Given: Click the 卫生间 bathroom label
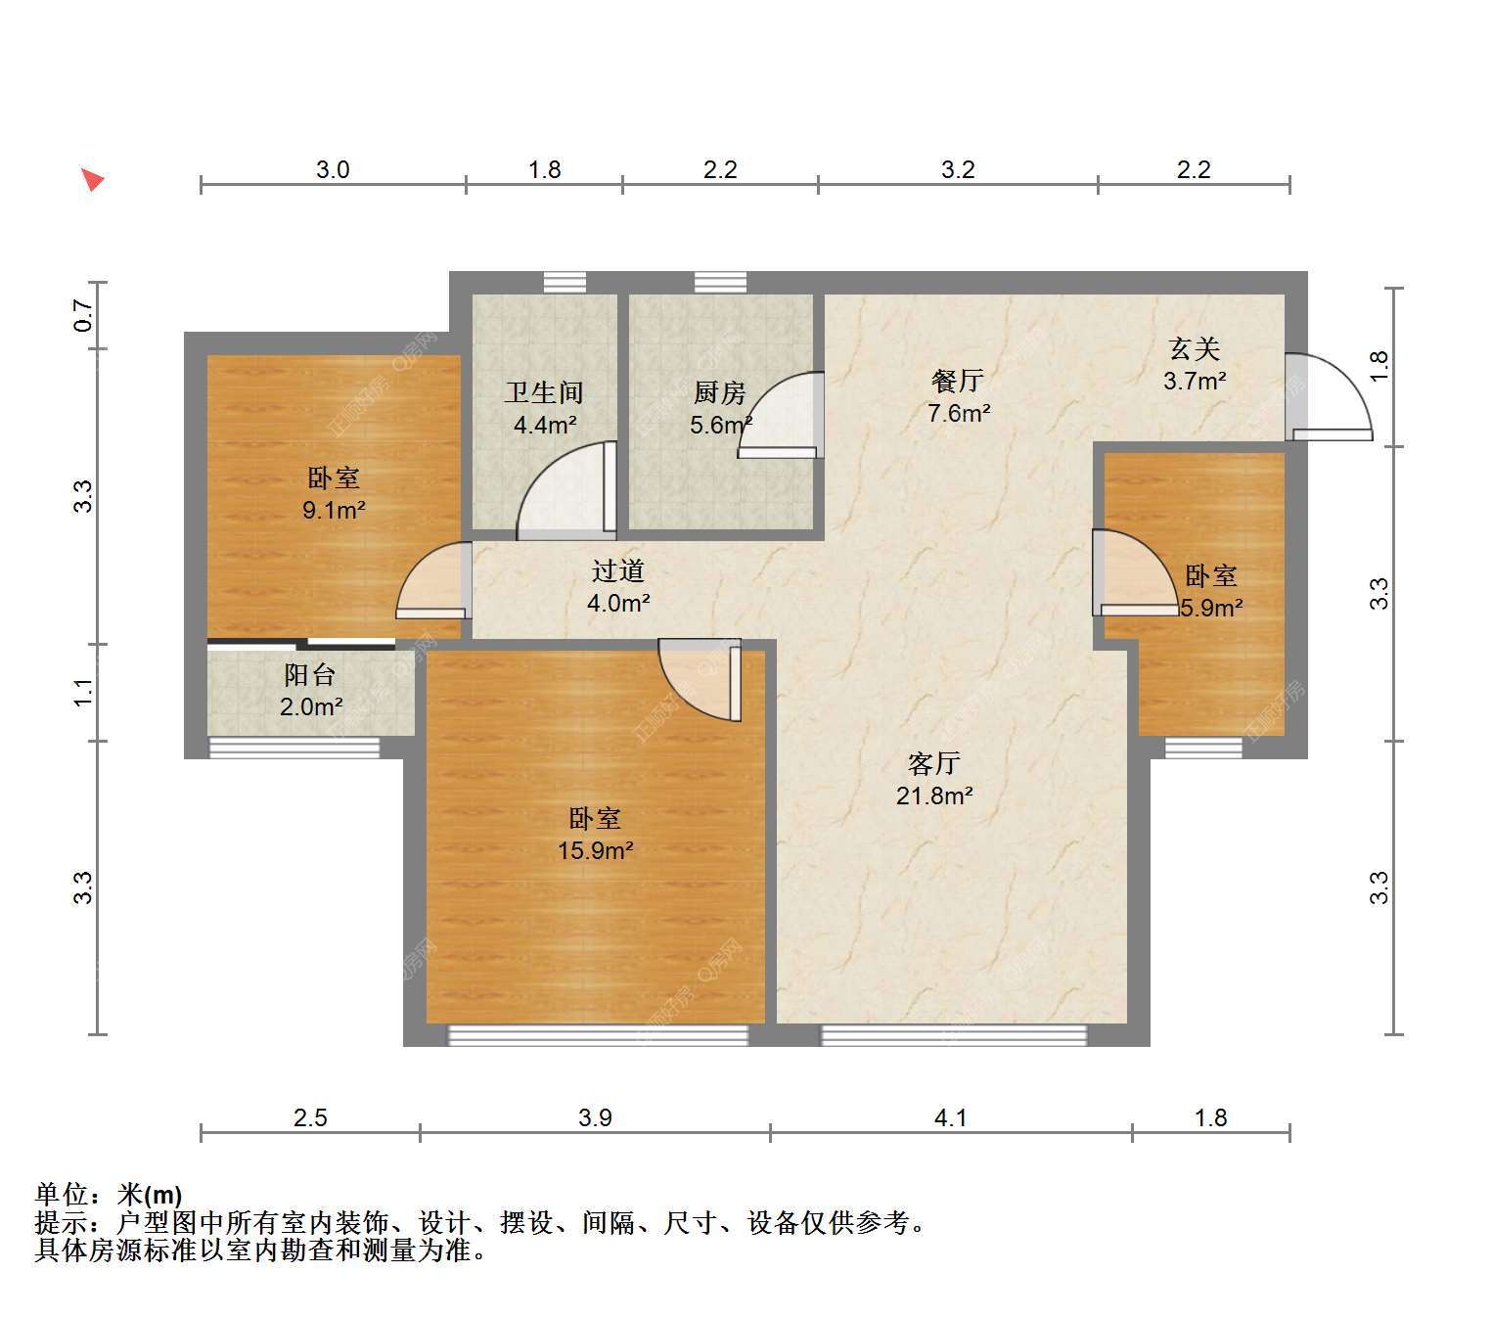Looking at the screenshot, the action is tap(544, 392).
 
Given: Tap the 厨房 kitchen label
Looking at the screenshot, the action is tap(719, 392).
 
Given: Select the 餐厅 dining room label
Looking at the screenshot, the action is tap(958, 381).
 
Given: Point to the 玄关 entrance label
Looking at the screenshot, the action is tap(1194, 348).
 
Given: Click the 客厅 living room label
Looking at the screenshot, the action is tap(933, 763).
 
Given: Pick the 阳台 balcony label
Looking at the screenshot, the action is tap(310, 674).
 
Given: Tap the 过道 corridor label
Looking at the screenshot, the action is tap(618, 570).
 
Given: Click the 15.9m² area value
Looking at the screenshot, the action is tap(595, 851).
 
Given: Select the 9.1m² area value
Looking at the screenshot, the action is tap(334, 510).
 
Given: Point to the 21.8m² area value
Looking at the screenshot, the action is tap(933, 795).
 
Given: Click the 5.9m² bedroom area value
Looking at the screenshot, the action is tap(1211, 608).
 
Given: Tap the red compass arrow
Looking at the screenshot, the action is tap(93, 180).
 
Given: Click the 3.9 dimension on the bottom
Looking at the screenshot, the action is tap(595, 1117).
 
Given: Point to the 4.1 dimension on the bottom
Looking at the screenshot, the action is tap(951, 1117).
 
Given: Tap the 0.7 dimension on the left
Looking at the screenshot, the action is tap(83, 315).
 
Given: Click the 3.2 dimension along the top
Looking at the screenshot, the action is tap(958, 169).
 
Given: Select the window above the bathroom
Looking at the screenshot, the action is tap(565, 282).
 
